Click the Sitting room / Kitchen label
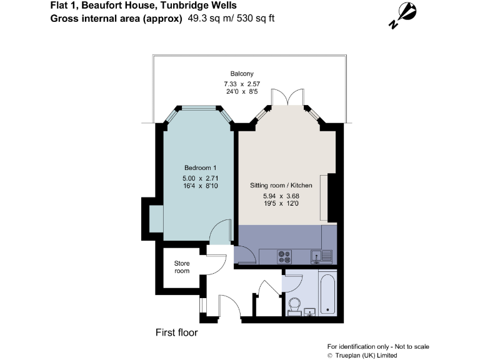(281, 186)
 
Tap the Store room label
(181, 267)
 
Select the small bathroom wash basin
(311, 311)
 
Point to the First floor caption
(176, 333)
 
